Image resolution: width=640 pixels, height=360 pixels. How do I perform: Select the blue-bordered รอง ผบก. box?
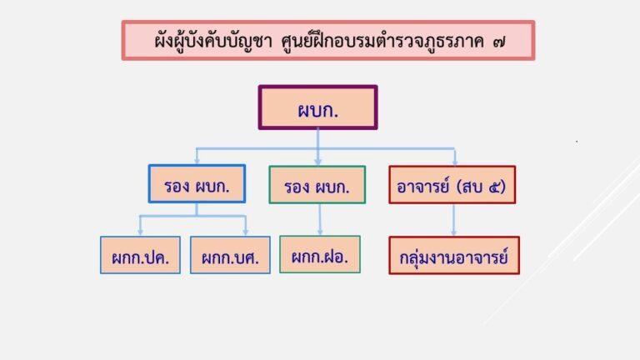[197, 184]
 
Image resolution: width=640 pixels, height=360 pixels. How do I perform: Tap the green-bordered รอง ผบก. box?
[317, 185]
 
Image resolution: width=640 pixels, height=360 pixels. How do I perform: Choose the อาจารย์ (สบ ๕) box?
[452, 184]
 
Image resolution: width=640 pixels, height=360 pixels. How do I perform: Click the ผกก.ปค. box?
[140, 256]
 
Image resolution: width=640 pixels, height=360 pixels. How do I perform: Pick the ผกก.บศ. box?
[230, 256]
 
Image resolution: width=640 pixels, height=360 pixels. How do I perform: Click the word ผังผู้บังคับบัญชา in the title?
[208, 39]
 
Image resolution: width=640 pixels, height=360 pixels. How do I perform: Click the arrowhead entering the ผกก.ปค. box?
[140, 232]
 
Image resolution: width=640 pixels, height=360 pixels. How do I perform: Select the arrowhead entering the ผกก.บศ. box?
[247, 232]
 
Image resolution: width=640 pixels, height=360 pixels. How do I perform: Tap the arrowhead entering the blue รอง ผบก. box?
[197, 161]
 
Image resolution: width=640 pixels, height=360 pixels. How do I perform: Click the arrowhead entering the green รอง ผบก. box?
[317, 161]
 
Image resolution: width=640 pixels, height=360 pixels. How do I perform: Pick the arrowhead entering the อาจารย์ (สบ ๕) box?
[455, 161]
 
